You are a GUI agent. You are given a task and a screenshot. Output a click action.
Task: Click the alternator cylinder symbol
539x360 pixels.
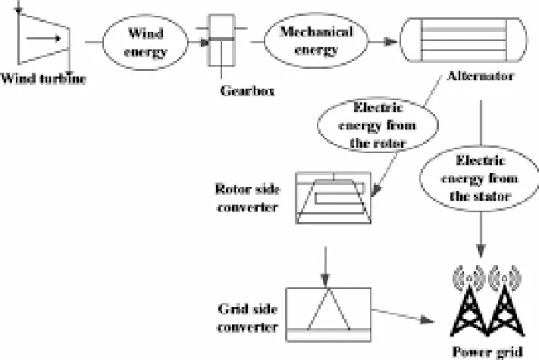(x=465, y=38)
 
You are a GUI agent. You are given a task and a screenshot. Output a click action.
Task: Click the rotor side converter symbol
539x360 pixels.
(x=332, y=200)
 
